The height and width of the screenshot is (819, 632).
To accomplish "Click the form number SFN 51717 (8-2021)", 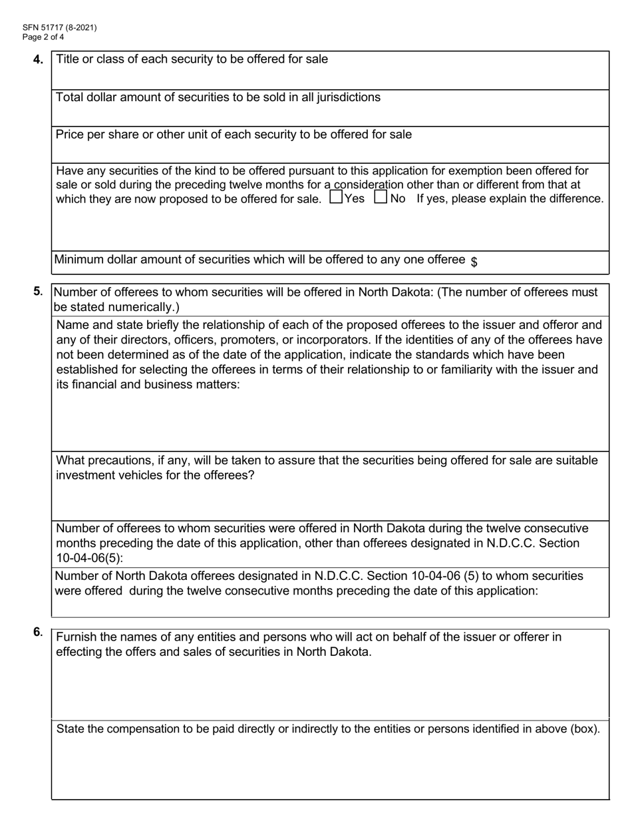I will click(x=51, y=27).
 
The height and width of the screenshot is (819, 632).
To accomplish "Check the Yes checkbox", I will click(x=336, y=197).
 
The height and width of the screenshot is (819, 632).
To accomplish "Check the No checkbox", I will click(x=381, y=197).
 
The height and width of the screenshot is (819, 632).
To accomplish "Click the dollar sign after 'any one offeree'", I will click(x=474, y=262).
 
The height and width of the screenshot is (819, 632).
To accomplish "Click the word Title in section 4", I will click(x=68, y=59).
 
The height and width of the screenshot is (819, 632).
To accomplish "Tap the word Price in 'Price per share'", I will click(x=70, y=135).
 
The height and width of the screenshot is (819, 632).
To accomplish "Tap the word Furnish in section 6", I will click(x=77, y=637).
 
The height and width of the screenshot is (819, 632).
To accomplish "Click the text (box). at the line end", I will click(x=585, y=729).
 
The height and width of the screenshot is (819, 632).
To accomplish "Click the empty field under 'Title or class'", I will click(x=330, y=79).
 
